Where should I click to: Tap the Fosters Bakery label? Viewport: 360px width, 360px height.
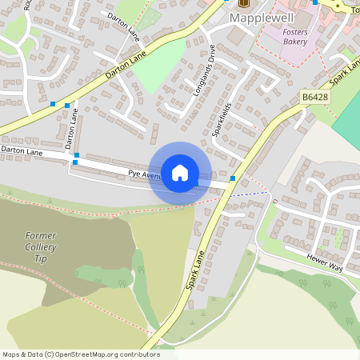pyautogui.click(x=295, y=36)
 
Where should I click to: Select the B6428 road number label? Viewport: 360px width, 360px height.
pyautogui.click(x=315, y=97)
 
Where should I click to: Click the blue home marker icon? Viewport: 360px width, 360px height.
pyautogui.click(x=180, y=173)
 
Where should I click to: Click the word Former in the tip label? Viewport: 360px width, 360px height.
pyautogui.click(x=41, y=236)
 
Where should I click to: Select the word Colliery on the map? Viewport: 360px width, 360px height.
pyautogui.click(x=41, y=248)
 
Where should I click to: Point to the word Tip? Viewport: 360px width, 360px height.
pyautogui.click(x=41, y=260)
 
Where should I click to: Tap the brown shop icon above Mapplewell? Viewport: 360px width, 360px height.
pyautogui.click(x=244, y=2)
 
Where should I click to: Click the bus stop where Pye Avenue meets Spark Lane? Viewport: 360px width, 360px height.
pyautogui.click(x=233, y=178)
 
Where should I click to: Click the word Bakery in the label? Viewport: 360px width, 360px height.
pyautogui.click(x=295, y=41)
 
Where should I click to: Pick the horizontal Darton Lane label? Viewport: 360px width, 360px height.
pyautogui.click(x=22, y=150)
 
